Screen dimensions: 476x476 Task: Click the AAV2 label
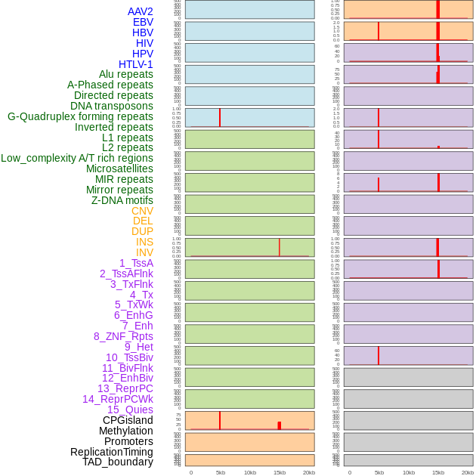point(141,11)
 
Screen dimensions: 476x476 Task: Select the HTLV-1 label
point(136,64)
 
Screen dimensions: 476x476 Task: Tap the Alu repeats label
point(126,74)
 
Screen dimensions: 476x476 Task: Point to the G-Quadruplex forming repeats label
point(80,116)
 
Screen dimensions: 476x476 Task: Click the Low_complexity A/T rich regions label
point(77,158)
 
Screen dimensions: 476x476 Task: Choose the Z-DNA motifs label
point(122,200)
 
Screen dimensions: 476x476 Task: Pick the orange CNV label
point(142,211)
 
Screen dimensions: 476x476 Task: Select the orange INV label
point(144,252)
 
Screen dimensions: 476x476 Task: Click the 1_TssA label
point(136,263)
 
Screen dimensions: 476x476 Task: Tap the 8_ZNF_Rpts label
point(123,336)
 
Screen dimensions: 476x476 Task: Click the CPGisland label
point(128,420)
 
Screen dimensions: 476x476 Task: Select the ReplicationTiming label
point(112,452)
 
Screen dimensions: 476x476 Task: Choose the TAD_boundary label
point(118,462)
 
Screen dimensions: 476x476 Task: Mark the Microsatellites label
point(119,168)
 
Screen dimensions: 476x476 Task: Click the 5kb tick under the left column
point(221,472)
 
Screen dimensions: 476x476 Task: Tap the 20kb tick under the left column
point(309,472)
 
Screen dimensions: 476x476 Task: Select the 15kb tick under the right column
point(438,472)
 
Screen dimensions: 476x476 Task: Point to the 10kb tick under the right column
point(409,472)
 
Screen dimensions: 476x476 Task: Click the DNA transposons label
point(112,106)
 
